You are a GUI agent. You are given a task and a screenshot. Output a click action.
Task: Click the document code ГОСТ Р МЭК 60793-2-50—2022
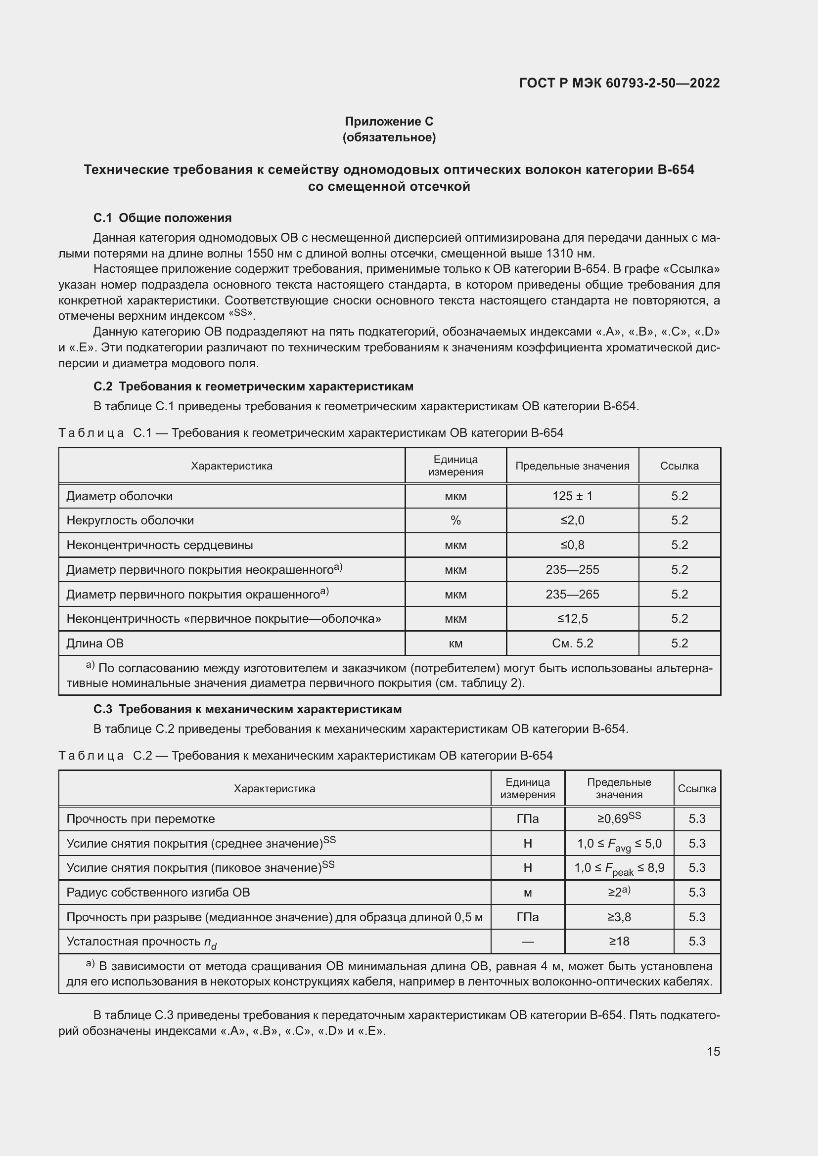point(619,83)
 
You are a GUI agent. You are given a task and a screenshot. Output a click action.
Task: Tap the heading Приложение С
point(389,122)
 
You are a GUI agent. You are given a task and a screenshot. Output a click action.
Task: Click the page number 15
point(713,1051)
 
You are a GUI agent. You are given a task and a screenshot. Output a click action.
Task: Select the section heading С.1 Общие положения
point(162,218)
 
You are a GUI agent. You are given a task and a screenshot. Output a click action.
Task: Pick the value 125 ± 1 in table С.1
point(572,496)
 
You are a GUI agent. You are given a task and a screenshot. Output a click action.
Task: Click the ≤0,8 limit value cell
point(572,545)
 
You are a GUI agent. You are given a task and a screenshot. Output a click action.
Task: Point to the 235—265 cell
point(572,594)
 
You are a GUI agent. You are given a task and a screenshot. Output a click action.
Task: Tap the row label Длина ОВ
point(94,643)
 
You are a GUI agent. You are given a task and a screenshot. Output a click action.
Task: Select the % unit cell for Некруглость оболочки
point(455,520)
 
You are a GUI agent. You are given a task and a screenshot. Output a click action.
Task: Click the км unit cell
point(455,643)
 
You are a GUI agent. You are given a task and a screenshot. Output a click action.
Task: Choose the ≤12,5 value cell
point(572,618)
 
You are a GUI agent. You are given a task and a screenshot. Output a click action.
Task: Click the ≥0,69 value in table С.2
point(619,818)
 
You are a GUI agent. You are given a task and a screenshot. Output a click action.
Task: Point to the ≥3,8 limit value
point(619,917)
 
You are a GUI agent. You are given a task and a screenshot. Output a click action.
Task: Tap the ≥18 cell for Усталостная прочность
point(619,941)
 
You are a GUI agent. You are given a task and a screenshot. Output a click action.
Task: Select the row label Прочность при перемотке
point(140,818)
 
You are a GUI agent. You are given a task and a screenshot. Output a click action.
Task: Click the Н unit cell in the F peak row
point(527,867)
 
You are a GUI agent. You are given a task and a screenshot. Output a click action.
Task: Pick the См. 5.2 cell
point(572,643)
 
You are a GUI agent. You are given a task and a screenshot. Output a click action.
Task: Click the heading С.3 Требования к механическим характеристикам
point(247,709)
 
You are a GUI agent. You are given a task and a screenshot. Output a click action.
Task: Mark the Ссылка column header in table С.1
point(679,466)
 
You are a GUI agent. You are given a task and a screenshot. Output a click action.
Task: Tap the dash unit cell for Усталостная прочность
point(527,941)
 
